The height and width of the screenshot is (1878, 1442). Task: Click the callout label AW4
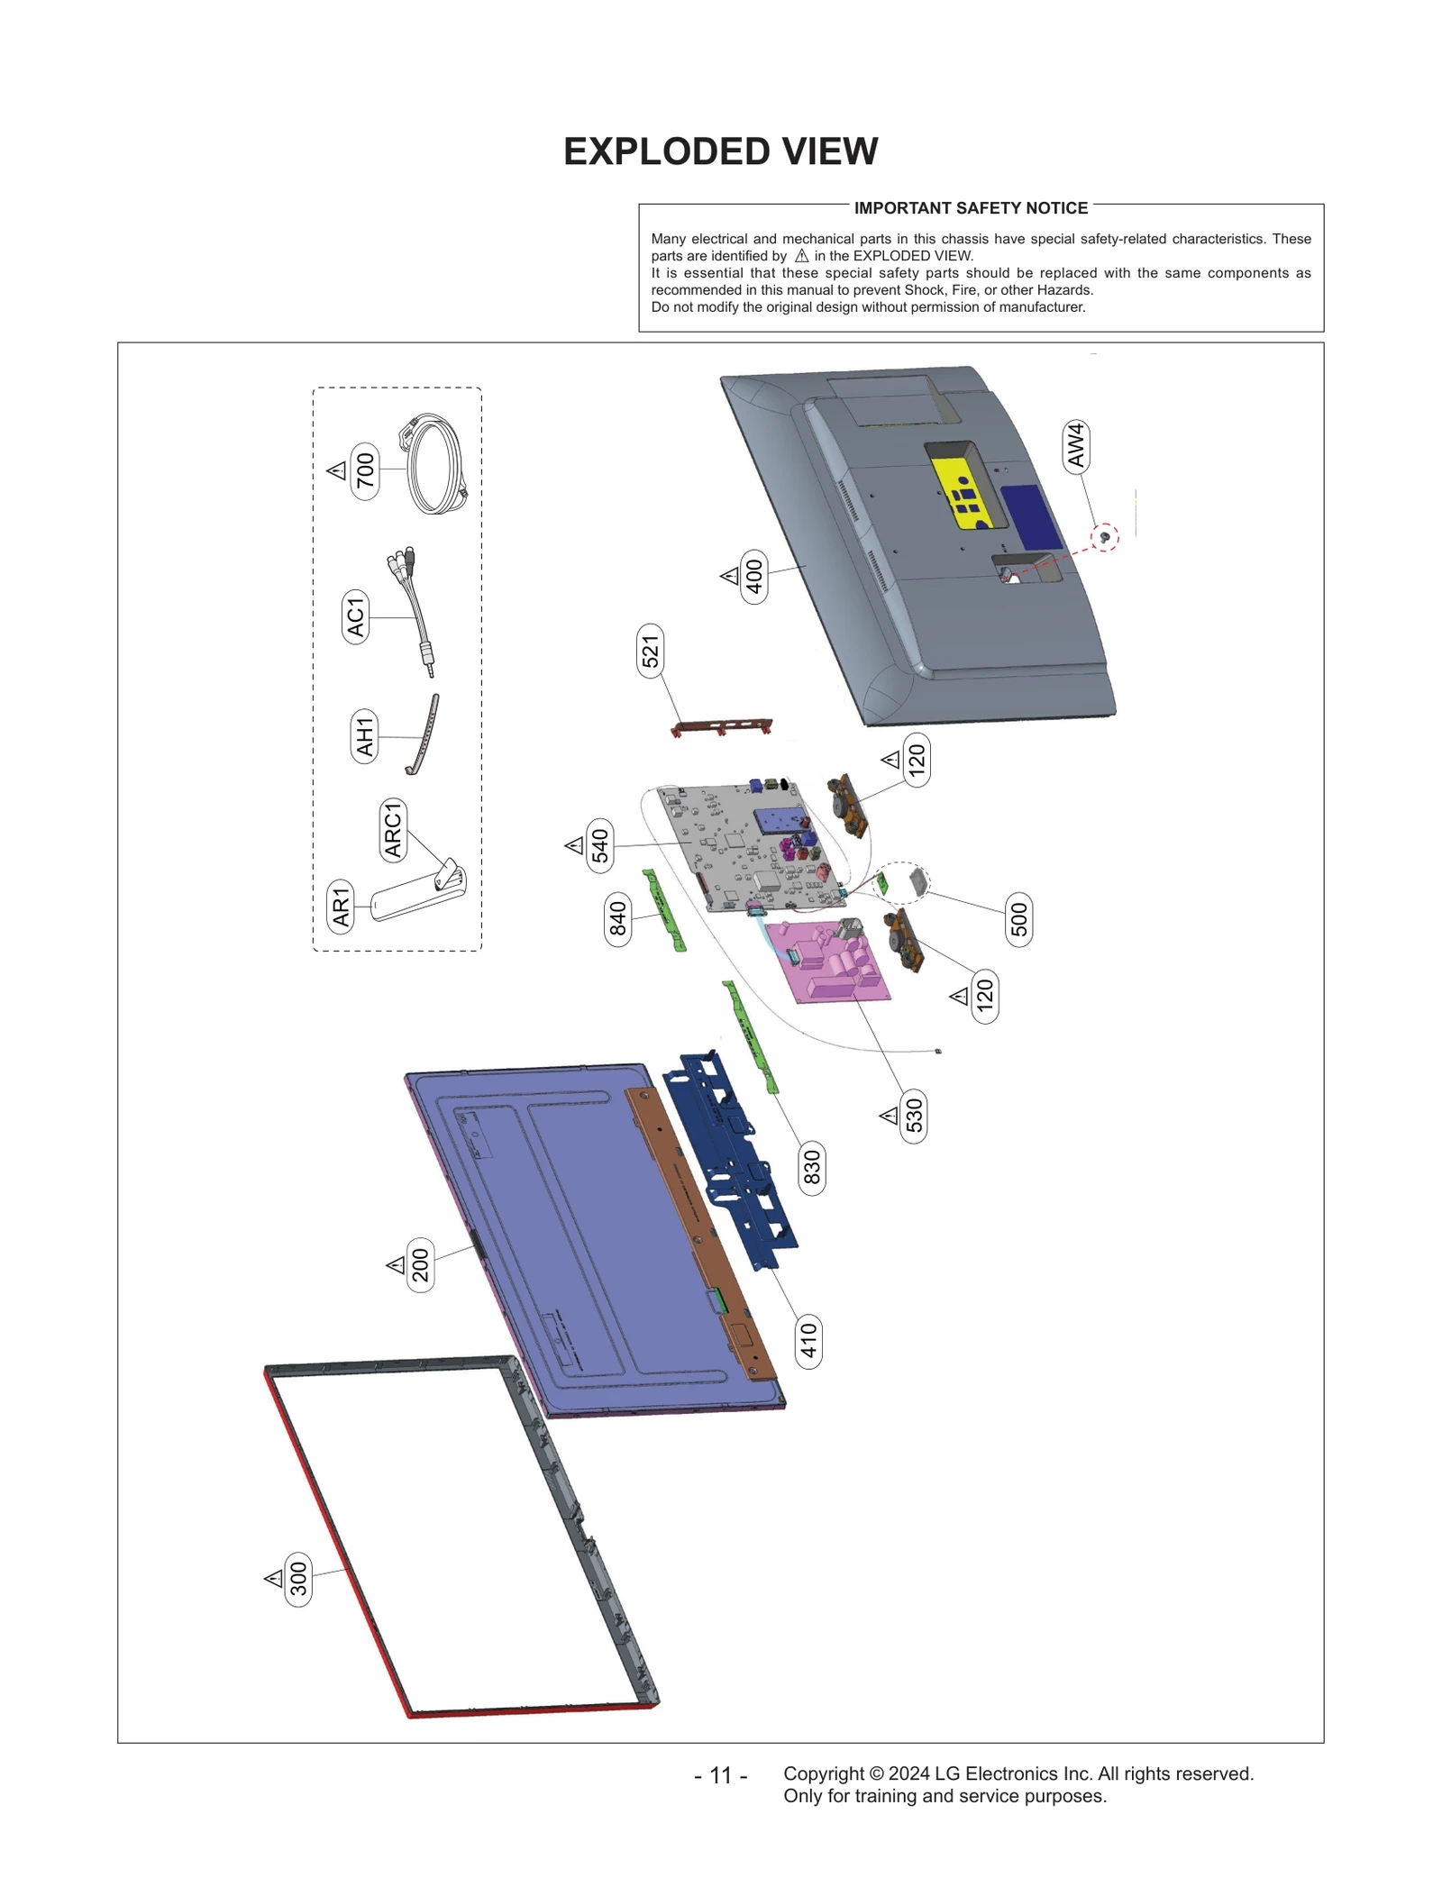pos(1075,445)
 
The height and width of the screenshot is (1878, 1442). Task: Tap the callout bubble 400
pos(754,577)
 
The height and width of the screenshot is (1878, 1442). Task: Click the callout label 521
pos(650,651)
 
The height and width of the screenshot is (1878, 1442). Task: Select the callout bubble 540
pos(600,846)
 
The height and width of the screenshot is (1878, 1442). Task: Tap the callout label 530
pos(914,1116)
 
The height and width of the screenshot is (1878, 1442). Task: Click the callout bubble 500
pos(1018,920)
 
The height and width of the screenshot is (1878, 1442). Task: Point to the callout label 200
pos(420,1265)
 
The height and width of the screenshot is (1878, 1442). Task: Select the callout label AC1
pos(356,616)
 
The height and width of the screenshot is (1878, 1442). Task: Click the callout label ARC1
pos(393,830)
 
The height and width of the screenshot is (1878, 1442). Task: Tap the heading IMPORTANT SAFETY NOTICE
pos(970,208)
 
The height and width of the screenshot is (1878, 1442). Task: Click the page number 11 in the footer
pos(720,1775)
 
